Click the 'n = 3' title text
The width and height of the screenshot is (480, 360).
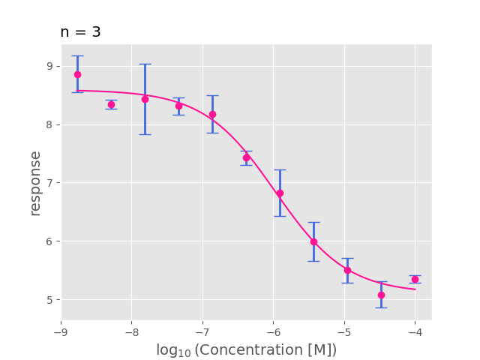pyautogui.click(x=80, y=32)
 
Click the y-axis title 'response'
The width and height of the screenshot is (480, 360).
pyautogui.click(x=35, y=183)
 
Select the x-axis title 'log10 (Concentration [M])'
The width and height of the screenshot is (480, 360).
pyautogui.click(x=246, y=350)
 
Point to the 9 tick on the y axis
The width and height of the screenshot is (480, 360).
pyautogui.click(x=50, y=66)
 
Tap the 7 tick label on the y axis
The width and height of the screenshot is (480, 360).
pyautogui.click(x=50, y=183)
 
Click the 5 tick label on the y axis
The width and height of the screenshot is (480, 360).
pyautogui.click(x=50, y=300)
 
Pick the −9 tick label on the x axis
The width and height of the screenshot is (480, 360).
pyautogui.click(x=61, y=331)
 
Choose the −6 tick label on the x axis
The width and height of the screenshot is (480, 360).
pyautogui.click(x=273, y=331)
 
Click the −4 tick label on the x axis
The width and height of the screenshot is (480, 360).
pyautogui.click(x=415, y=331)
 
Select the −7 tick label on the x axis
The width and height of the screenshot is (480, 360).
pyautogui.click(x=202, y=331)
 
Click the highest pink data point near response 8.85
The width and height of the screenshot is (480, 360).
pyautogui.click(x=77, y=74)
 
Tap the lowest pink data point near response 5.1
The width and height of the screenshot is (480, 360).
pyautogui.click(x=381, y=295)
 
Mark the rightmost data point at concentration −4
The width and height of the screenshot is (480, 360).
pyautogui.click(x=415, y=279)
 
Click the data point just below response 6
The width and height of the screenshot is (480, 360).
pyautogui.click(x=313, y=241)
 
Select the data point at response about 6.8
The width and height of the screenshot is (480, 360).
pyautogui.click(x=280, y=193)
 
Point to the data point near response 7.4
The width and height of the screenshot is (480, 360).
pyautogui.click(x=246, y=157)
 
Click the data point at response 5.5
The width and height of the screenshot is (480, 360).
pyautogui.click(x=347, y=270)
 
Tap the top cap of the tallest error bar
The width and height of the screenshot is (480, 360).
pyautogui.click(x=145, y=64)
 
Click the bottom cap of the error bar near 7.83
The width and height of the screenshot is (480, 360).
pyautogui.click(x=145, y=134)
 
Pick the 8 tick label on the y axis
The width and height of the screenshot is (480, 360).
pyautogui.click(x=50, y=124)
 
